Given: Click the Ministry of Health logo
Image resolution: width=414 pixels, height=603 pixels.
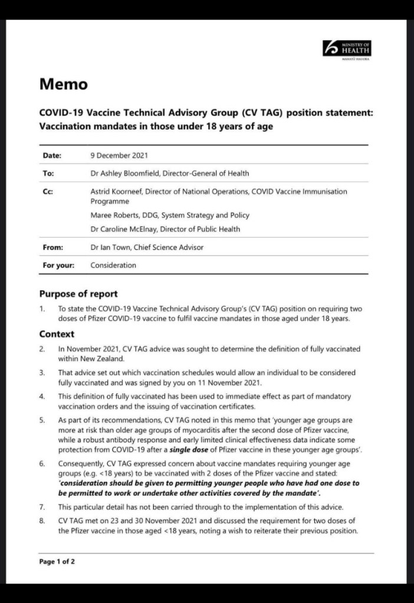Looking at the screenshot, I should click(347, 49).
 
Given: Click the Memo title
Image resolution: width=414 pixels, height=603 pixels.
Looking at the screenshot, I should click(63, 84).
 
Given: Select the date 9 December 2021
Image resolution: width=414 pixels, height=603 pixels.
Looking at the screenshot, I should click(119, 156).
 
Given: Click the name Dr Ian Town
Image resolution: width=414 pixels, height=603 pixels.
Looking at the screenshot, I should click(111, 248).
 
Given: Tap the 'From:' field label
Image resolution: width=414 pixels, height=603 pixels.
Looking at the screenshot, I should click(53, 248).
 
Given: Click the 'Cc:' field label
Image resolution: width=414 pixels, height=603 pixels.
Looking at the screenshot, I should click(48, 192).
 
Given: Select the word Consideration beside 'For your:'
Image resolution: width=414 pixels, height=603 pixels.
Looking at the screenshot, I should click(113, 265).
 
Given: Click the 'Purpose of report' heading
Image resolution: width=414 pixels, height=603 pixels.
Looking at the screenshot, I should click(78, 294).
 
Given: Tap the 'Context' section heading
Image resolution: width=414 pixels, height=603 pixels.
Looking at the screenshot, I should click(57, 334).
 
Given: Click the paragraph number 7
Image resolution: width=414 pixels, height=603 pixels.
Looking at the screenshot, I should click(42, 507).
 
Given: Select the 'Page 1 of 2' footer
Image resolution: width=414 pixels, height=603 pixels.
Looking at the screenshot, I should click(57, 561).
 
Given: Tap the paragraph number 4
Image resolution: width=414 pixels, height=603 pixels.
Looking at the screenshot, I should click(42, 396).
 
